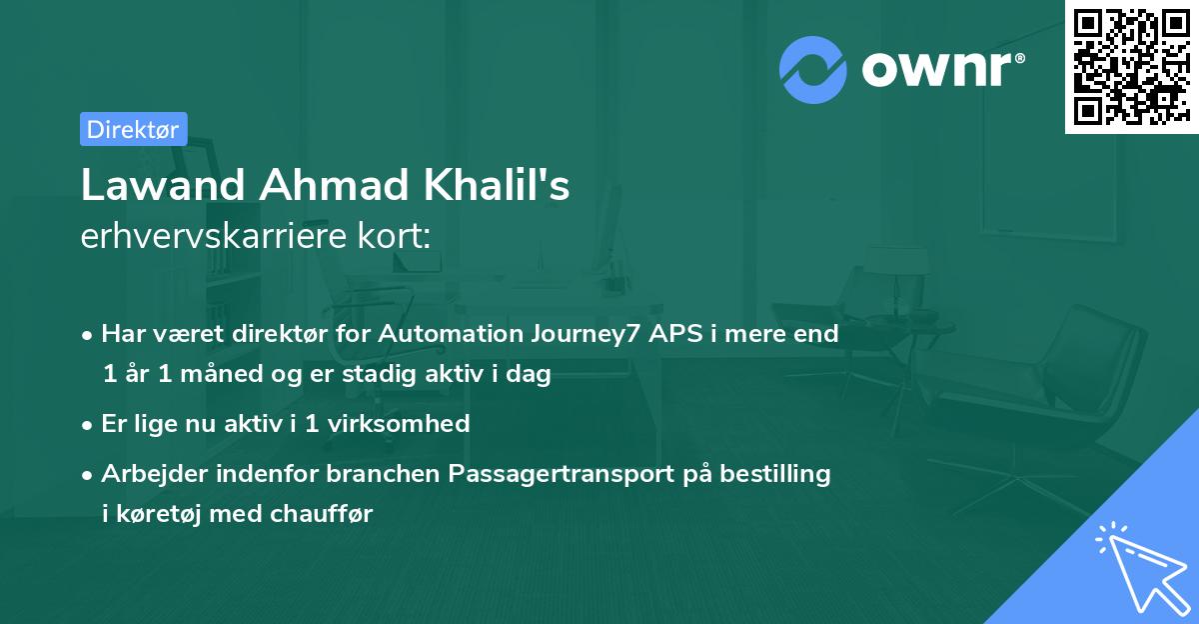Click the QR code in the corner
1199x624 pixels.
1131,66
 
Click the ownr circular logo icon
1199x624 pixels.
813,70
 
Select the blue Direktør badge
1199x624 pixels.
133,129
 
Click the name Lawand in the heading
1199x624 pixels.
163,185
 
